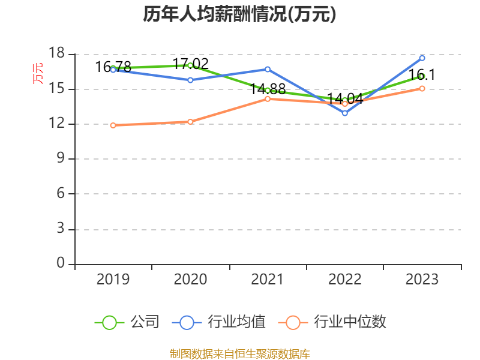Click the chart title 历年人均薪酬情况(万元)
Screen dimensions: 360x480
click(239, 14)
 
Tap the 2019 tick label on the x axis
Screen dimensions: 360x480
click(113, 279)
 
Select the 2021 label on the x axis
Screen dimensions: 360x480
click(267, 279)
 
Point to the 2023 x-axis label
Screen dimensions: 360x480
click(422, 279)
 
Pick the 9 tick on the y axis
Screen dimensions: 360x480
click(60, 159)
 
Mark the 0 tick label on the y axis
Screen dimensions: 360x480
click(60, 264)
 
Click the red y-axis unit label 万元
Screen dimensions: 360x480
click(38, 73)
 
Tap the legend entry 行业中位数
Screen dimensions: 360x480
click(333, 322)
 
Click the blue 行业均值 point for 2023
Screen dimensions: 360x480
click(422, 58)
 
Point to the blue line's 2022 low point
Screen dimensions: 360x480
click(344, 113)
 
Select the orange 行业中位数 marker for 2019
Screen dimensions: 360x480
click(113, 125)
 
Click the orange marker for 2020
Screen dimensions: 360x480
click(190, 121)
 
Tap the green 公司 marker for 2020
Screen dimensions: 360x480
click(190, 65)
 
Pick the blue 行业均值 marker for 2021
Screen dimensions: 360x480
click(268, 69)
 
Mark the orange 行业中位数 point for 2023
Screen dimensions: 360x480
click(422, 88)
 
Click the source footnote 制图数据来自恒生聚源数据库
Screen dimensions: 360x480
click(239, 353)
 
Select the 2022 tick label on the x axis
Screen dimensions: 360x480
click(344, 279)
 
